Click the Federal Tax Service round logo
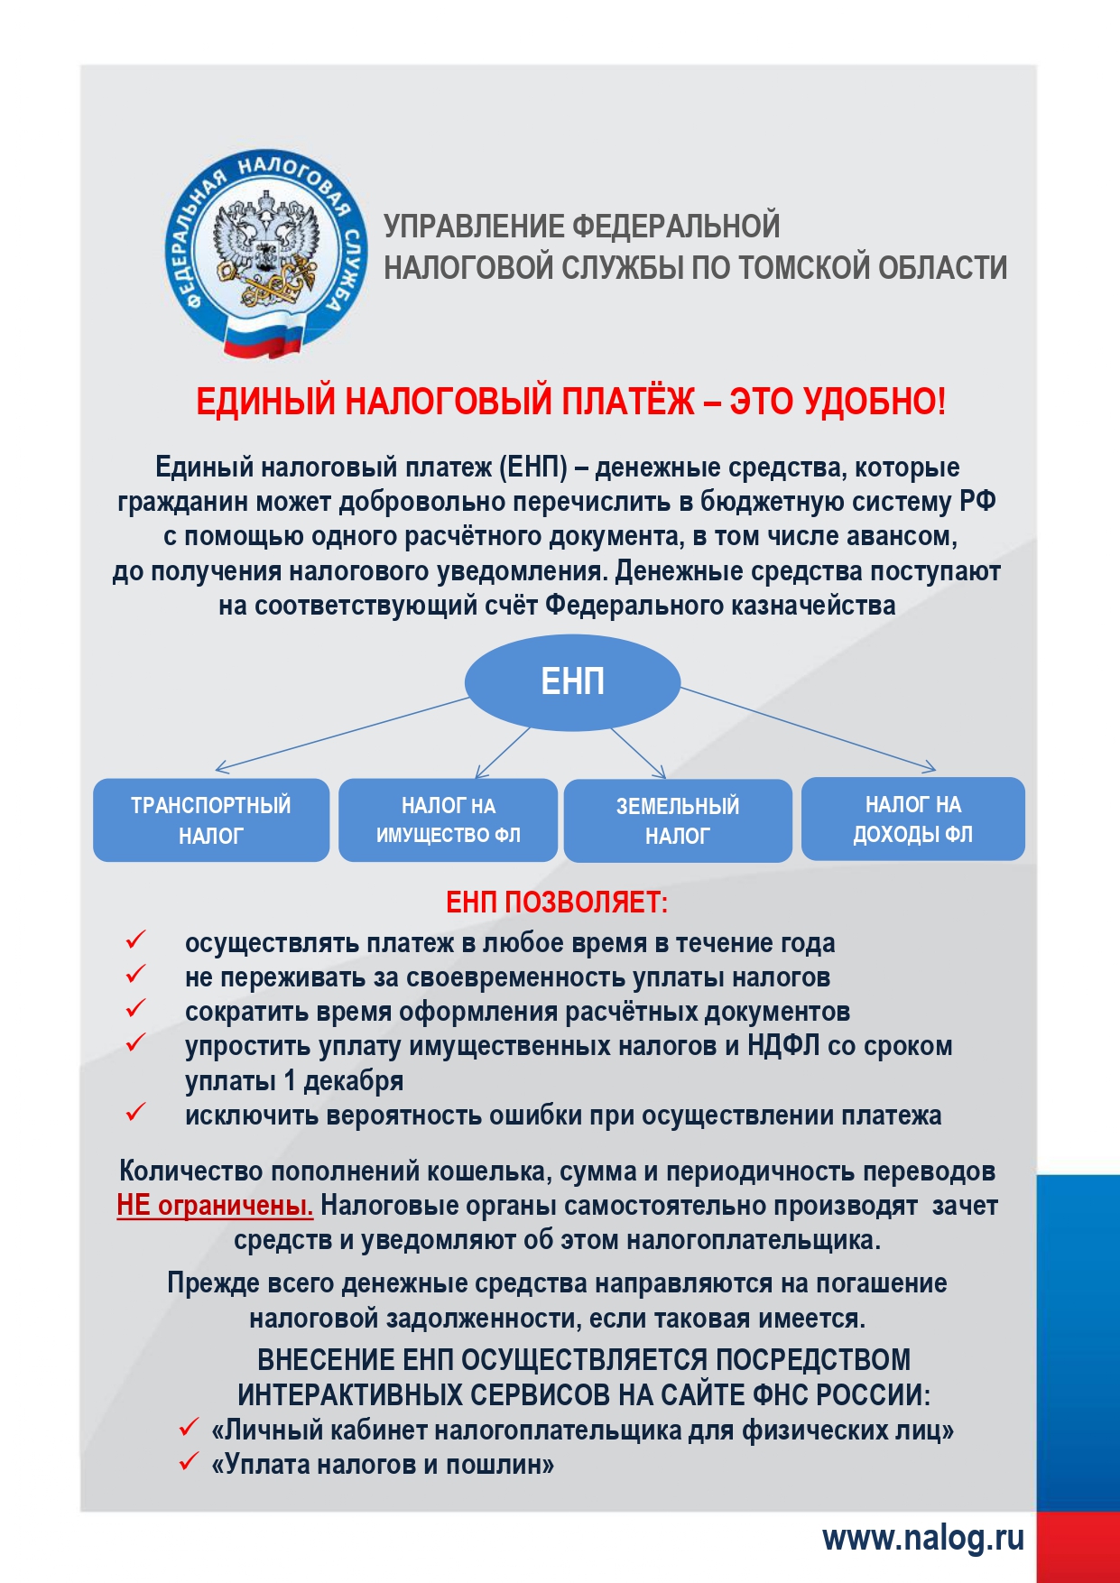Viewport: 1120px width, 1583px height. coord(266,253)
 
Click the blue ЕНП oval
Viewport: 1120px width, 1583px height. coord(572,681)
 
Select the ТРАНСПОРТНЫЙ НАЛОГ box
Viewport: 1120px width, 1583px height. coord(211,819)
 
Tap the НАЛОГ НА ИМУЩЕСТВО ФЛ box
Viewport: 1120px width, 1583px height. coord(448,819)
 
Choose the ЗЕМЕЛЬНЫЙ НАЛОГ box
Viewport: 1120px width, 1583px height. coord(678,820)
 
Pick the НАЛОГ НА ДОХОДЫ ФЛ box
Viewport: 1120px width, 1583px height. coord(912,819)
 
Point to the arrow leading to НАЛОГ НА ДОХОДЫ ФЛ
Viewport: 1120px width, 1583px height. coord(808,729)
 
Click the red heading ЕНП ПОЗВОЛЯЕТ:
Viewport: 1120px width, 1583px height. coord(557,902)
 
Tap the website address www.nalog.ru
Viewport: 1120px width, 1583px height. coord(922,1538)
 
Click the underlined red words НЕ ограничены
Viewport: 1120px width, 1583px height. coord(215,1206)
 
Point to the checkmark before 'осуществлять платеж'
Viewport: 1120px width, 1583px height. coord(135,940)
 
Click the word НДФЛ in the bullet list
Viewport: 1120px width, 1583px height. coord(783,1046)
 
